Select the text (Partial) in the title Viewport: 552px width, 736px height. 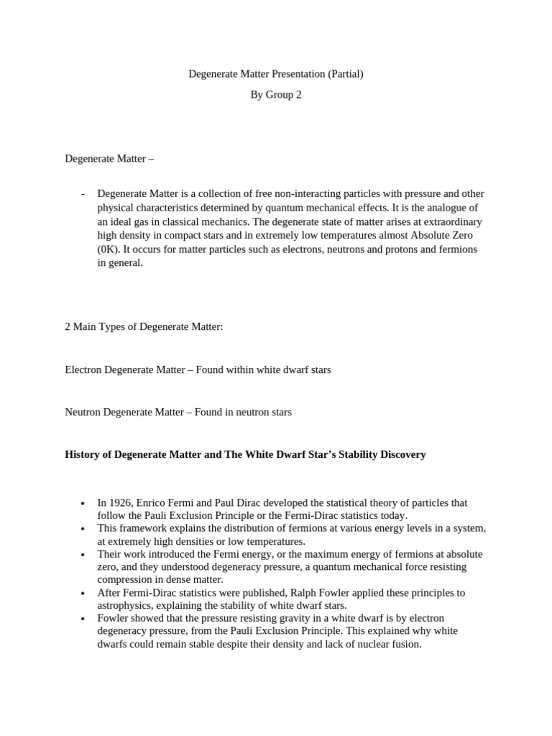click(x=344, y=73)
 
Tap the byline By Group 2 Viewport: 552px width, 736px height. click(x=275, y=94)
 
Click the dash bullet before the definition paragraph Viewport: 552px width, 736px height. click(x=83, y=194)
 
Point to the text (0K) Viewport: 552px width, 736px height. click(x=109, y=249)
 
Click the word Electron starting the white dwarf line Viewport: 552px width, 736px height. click(x=83, y=369)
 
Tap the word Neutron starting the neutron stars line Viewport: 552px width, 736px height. click(x=83, y=412)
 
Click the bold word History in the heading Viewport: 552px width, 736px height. click(x=83, y=455)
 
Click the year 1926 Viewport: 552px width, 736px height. click(x=121, y=503)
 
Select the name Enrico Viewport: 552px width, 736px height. click(x=155, y=503)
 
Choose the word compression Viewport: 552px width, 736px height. click(x=126, y=579)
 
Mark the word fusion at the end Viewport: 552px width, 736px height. click(x=405, y=644)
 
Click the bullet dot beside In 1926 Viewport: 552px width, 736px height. click(x=83, y=504)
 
